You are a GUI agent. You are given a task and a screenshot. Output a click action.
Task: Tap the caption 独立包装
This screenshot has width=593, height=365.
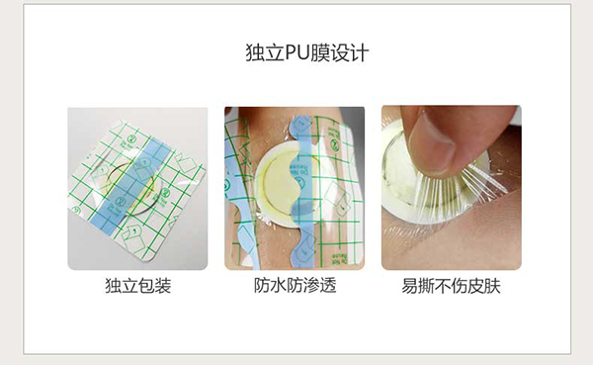pyautogui.click(x=137, y=288)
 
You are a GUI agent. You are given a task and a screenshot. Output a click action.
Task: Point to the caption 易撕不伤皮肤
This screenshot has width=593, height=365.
pyautogui.click(x=451, y=288)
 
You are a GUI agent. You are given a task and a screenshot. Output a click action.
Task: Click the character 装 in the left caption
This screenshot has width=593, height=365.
pyautogui.click(x=163, y=288)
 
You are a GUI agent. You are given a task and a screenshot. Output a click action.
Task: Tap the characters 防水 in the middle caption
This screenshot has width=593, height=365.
pyautogui.click(x=269, y=288)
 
